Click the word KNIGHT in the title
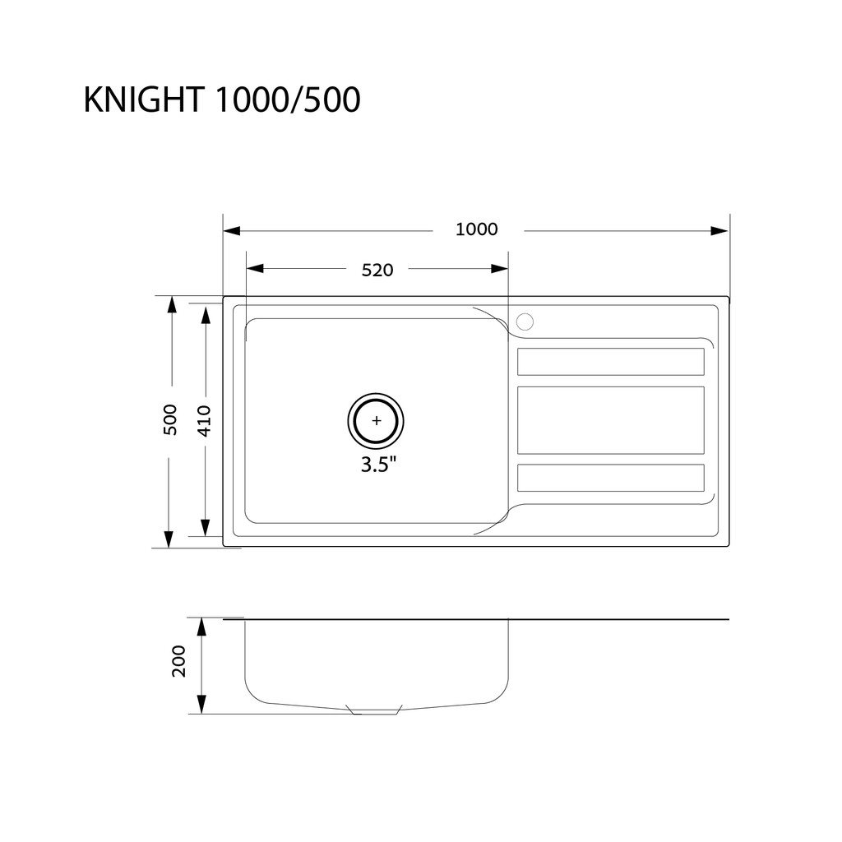(x=144, y=99)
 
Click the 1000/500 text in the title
(x=288, y=99)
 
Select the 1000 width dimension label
(x=477, y=229)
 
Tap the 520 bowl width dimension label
(x=377, y=270)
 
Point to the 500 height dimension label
(x=169, y=419)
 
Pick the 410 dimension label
(x=205, y=421)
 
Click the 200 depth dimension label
(x=178, y=661)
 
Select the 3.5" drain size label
(x=378, y=464)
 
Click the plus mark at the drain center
(x=376, y=420)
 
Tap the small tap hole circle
(x=525, y=322)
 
